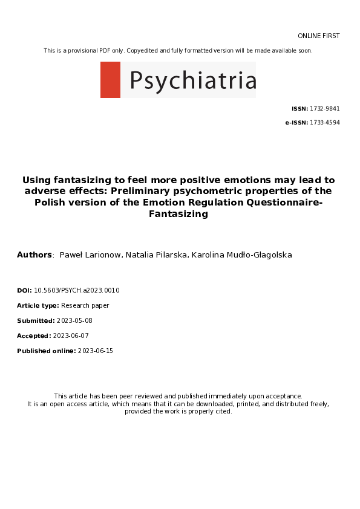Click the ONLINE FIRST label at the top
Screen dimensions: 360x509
point(318,36)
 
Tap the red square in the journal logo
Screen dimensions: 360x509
point(110,80)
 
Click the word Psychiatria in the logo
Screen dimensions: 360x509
point(192,80)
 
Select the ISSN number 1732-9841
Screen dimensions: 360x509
point(325,109)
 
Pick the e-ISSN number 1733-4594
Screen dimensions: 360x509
point(325,123)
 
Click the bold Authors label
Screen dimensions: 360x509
point(34,255)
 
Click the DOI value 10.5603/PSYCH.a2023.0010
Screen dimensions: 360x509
point(77,290)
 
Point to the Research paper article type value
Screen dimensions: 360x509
point(85,305)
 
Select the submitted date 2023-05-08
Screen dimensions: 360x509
point(74,320)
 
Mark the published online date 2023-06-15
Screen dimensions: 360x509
point(96,351)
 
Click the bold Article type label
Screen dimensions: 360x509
point(38,305)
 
